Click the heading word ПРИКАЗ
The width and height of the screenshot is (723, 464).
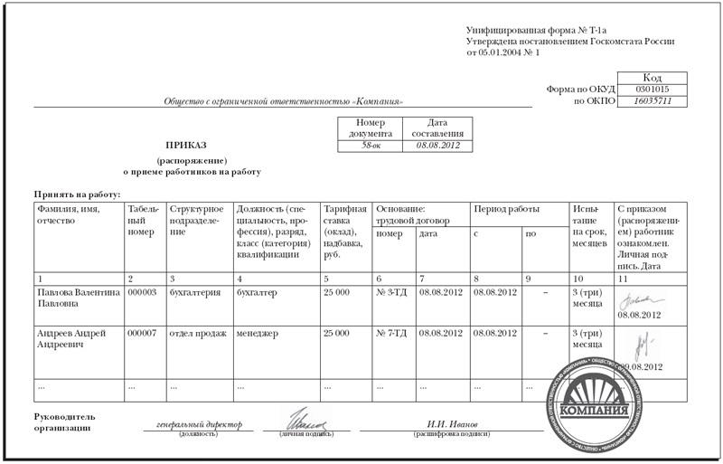pos(185,145)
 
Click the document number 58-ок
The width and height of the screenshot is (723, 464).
pos(371,146)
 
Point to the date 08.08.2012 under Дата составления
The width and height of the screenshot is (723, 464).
pos(437,146)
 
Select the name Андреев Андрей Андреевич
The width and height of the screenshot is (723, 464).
pos(71,339)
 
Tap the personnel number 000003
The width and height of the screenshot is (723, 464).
pos(143,293)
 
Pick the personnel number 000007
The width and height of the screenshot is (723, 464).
pos(143,334)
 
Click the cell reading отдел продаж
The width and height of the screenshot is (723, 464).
pos(194,334)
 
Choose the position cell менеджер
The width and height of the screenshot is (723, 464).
pos(258,334)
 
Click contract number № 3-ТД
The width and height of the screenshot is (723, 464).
pos(391,293)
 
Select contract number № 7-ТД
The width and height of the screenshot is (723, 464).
pos(391,334)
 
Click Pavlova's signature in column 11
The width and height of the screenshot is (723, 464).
pos(638,298)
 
